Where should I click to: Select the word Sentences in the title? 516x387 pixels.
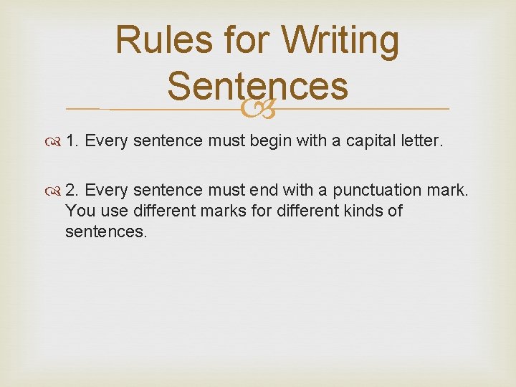258,86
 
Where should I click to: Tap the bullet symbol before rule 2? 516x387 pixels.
55,191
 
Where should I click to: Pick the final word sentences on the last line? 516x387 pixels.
106,232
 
